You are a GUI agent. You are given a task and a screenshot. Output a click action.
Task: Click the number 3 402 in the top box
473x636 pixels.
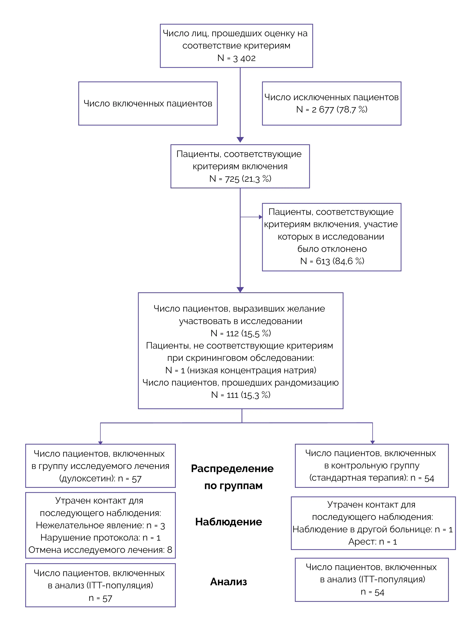coord(244,58)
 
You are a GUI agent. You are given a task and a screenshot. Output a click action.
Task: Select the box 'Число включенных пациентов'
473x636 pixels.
coord(148,103)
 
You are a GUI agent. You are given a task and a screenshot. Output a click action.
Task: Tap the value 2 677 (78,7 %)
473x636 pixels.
coord(340,109)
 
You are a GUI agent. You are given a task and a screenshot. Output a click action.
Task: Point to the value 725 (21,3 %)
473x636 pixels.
coord(248,179)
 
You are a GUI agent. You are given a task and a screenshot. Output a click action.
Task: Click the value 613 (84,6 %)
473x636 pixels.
coord(340,261)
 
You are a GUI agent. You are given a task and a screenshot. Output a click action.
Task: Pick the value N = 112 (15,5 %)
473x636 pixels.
coord(241,333)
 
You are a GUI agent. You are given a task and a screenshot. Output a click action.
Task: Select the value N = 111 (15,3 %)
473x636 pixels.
coord(241,395)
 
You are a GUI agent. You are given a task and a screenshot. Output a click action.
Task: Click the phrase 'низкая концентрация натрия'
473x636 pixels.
coord(252,370)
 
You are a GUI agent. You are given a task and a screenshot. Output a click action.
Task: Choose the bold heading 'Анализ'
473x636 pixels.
coord(228,582)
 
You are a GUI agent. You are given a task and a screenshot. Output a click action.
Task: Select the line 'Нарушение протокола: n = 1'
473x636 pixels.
coord(100,538)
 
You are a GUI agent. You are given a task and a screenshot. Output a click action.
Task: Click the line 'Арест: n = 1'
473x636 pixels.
coord(373,542)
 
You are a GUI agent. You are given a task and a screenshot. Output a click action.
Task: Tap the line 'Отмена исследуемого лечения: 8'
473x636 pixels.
coord(100,550)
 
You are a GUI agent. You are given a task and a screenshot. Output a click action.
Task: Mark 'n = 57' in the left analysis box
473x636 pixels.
coord(100,598)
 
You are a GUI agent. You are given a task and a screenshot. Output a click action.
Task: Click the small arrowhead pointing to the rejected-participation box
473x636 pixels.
coord(261,217)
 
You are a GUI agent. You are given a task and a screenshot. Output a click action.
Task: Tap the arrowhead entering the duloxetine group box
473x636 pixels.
coord(100,443)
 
